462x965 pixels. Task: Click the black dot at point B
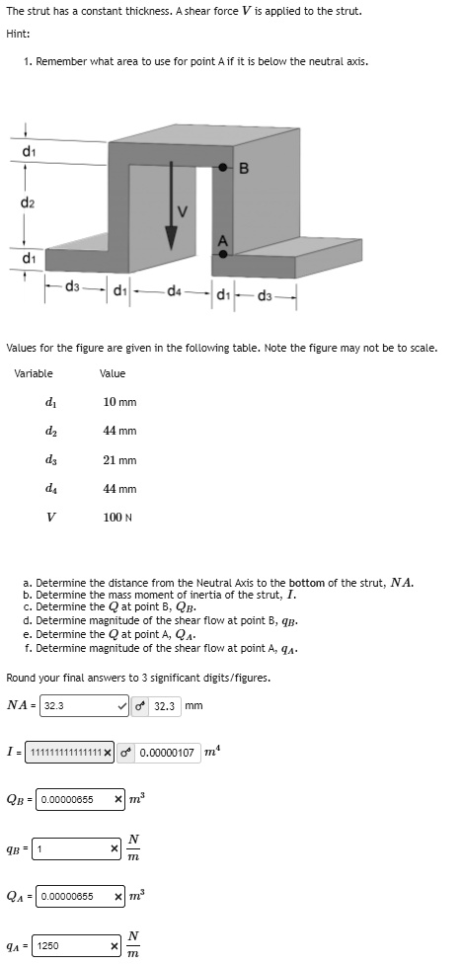click(225, 167)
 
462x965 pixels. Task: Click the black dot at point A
click(224, 254)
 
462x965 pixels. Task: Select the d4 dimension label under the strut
click(175, 289)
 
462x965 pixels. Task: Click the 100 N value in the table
click(116, 518)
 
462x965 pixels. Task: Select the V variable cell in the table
click(50, 518)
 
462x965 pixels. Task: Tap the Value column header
click(113, 373)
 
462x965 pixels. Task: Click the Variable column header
click(34, 373)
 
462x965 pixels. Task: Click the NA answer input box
click(76, 706)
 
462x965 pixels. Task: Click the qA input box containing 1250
click(73, 946)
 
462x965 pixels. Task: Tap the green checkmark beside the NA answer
click(121, 706)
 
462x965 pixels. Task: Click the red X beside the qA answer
click(115, 946)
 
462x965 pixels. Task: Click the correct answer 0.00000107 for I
click(170, 753)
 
